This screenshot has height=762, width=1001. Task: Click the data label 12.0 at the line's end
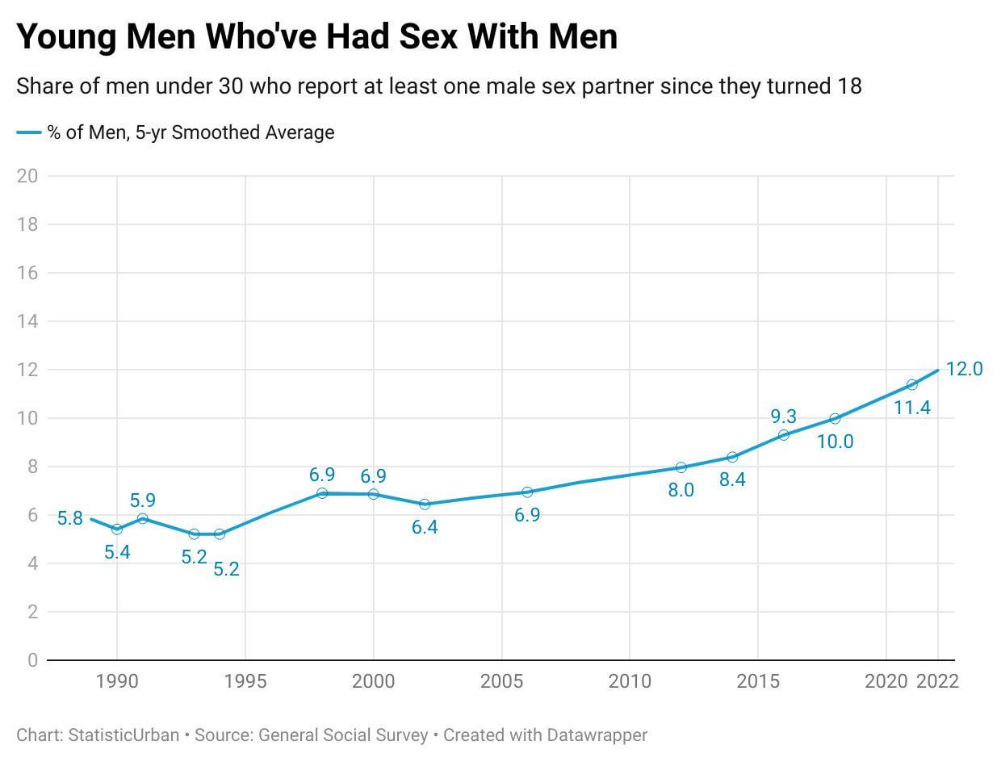click(x=964, y=369)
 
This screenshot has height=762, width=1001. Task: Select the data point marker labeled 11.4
click(x=911, y=384)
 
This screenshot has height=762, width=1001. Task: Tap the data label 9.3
click(x=783, y=417)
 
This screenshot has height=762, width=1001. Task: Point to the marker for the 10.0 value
click(x=835, y=418)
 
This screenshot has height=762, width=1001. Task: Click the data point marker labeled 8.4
click(x=732, y=457)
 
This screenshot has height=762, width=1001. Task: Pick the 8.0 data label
click(x=681, y=489)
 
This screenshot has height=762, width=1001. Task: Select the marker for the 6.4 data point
click(x=425, y=504)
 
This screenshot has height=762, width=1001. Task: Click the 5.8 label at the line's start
click(x=70, y=518)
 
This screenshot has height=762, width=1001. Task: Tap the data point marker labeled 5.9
click(x=143, y=518)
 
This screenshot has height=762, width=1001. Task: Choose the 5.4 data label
click(x=117, y=552)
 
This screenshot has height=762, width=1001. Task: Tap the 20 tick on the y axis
click(x=27, y=176)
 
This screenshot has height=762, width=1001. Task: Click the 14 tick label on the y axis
click(x=27, y=321)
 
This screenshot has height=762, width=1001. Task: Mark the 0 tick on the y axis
click(x=32, y=660)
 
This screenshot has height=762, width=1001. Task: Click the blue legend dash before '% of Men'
click(x=29, y=132)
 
